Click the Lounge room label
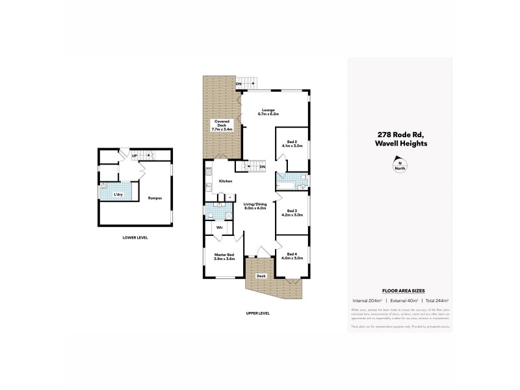tap(269, 112)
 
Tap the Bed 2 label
tap(291, 144)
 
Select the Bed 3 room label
tap(291, 212)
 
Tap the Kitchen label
tap(226, 181)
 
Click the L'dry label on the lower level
tap(118, 194)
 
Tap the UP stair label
tap(135, 156)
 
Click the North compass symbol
tap(400, 165)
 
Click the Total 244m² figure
tap(436, 301)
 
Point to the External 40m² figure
tap(404, 301)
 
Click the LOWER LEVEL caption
tap(135, 238)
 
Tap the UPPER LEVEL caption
tap(257, 313)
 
